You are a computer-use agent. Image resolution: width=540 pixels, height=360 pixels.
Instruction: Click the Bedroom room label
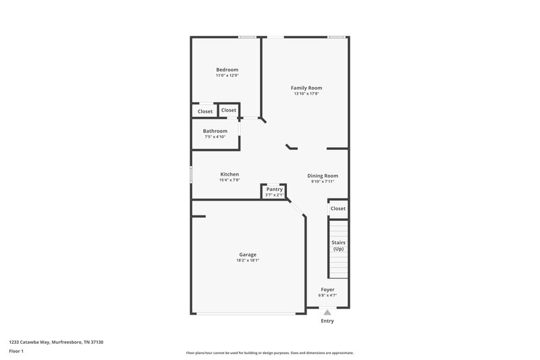[x=227, y=70]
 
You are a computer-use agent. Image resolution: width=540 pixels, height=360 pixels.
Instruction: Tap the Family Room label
[x=306, y=88]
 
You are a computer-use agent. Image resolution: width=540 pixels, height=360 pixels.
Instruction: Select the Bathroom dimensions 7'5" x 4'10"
[x=215, y=137]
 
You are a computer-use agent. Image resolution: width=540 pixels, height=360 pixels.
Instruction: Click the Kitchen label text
[x=230, y=174]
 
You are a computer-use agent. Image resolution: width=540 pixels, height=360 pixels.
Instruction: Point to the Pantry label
[x=274, y=189]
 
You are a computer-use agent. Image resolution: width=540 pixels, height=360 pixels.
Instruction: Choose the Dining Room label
[x=323, y=176]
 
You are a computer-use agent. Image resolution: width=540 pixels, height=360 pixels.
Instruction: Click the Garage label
[x=248, y=255]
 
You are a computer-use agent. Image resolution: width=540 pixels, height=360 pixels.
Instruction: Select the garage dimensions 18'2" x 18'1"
[x=248, y=261]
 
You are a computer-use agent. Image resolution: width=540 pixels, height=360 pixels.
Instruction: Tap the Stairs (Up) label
[x=338, y=245]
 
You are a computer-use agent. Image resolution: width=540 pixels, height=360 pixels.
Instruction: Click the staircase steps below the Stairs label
[x=338, y=266]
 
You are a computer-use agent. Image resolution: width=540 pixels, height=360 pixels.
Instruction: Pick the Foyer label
[x=327, y=289]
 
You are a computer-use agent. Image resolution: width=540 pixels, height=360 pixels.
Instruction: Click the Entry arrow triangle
[x=327, y=312]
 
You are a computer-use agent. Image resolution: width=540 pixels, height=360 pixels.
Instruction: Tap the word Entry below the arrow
[x=327, y=321]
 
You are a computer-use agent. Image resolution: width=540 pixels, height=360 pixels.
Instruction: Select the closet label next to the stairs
[x=338, y=209]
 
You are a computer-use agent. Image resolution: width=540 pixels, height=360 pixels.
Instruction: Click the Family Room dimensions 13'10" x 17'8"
[x=306, y=94]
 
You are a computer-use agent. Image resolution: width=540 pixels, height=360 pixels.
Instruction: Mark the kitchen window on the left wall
[x=191, y=175]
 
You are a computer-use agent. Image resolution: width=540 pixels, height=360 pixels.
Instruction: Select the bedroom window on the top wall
[x=246, y=36]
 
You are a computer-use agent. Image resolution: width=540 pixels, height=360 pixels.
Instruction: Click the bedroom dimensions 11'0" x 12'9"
[x=227, y=76]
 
